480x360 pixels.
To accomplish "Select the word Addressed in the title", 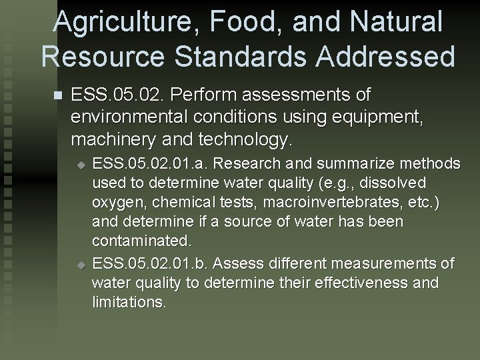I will click(387, 56).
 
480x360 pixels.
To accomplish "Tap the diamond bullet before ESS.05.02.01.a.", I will click(81, 164).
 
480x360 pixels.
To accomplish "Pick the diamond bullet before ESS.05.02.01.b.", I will click(81, 265).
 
